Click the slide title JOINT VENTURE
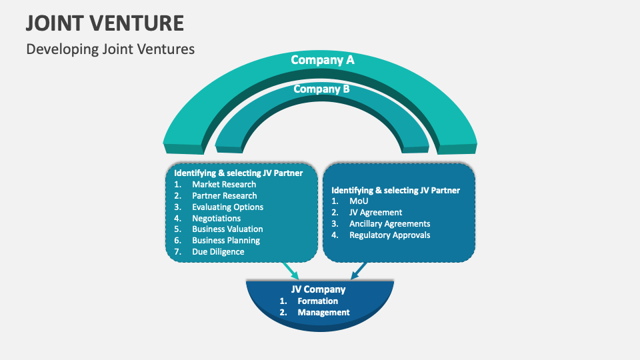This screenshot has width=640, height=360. (x=105, y=23)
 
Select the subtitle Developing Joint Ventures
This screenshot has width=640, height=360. (x=110, y=49)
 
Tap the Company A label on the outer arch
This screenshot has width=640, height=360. (x=323, y=60)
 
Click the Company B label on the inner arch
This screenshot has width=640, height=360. (x=321, y=89)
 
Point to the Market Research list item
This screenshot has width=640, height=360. (x=223, y=185)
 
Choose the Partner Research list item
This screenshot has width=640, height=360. (x=224, y=196)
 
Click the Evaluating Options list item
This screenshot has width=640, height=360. (x=227, y=207)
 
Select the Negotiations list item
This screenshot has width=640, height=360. (x=216, y=219)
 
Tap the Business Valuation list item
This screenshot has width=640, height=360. (x=227, y=229)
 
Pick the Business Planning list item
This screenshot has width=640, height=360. (x=226, y=241)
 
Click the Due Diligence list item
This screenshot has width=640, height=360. (x=218, y=252)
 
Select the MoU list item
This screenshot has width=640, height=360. (x=359, y=201)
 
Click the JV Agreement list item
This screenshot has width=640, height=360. (x=375, y=213)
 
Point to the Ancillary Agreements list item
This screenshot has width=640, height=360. (x=389, y=224)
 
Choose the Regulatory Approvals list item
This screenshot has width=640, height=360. (x=389, y=235)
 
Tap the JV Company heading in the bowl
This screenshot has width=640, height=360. (x=319, y=289)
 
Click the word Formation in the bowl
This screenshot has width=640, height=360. (x=317, y=301)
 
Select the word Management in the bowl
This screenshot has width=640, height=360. (x=323, y=312)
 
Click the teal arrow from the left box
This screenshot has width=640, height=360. (x=290, y=271)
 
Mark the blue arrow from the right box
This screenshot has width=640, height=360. (x=358, y=270)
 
